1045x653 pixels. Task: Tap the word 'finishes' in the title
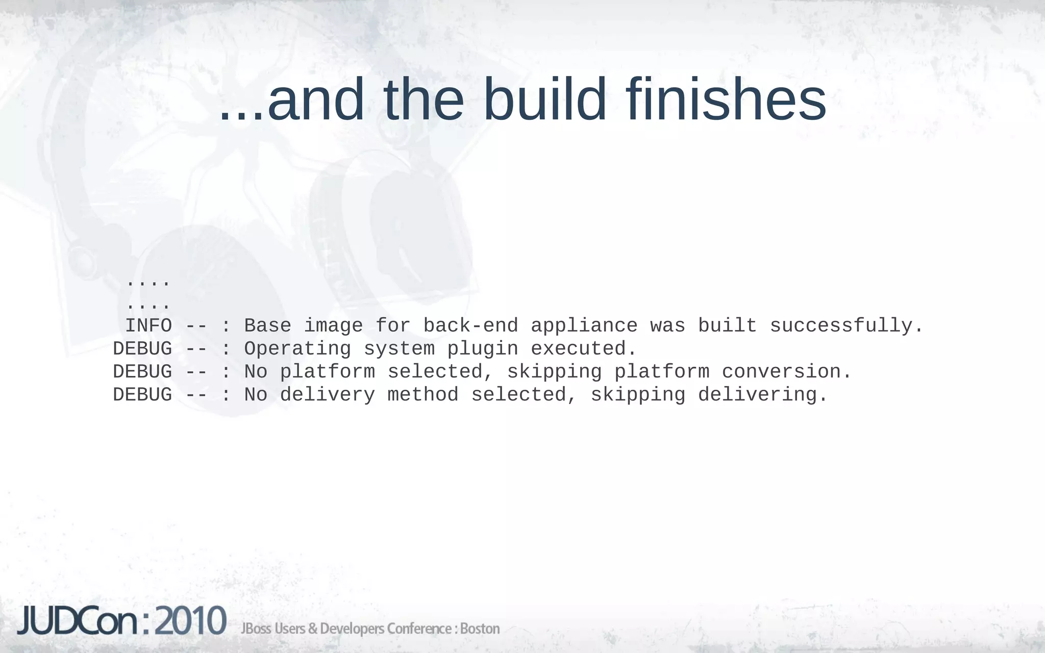click(726, 99)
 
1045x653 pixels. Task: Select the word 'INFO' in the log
click(148, 326)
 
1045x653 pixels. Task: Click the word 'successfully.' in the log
click(847, 326)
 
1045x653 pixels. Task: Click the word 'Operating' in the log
click(297, 349)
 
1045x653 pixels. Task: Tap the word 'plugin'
click(482, 349)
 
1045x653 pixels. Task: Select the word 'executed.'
click(584, 349)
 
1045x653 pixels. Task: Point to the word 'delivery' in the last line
click(328, 395)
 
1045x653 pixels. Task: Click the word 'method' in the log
click(423, 395)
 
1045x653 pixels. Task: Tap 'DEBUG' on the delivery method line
click(142, 395)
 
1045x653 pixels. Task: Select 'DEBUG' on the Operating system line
click(142, 349)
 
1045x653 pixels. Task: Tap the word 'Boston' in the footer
click(480, 629)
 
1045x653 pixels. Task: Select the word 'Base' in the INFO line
click(267, 326)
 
